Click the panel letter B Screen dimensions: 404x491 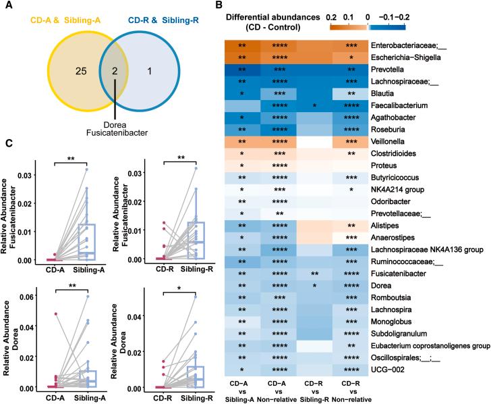pyautogui.click(x=228, y=7)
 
